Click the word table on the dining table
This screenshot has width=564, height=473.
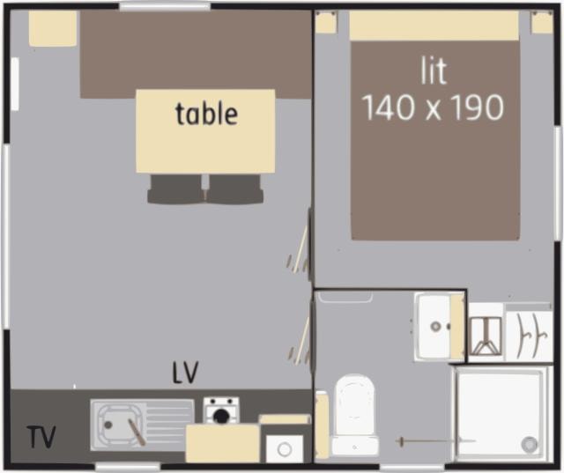click(x=206, y=114)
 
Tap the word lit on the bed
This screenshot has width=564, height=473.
click(x=434, y=71)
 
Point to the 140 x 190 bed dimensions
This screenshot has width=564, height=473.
click(x=434, y=107)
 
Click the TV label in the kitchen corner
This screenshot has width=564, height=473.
click(x=41, y=437)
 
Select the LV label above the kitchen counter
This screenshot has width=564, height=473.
click(x=185, y=373)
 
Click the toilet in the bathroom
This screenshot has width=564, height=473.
click(x=354, y=414)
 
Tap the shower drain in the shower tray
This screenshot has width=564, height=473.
click(x=530, y=444)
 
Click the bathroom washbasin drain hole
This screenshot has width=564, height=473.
click(x=436, y=327)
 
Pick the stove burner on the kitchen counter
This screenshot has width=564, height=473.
click(x=221, y=416)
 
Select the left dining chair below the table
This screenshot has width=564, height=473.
click(x=175, y=188)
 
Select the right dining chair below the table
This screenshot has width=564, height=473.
click(x=235, y=188)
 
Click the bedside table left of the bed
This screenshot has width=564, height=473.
click(x=326, y=22)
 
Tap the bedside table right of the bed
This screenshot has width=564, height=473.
click(x=543, y=22)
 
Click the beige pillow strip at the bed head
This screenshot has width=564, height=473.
click(x=434, y=26)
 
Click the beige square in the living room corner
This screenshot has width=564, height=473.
click(x=53, y=28)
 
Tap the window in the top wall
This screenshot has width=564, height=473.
click(x=165, y=6)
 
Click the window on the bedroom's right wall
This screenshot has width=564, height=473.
click(x=559, y=183)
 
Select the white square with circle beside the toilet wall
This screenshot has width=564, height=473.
click(x=285, y=448)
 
